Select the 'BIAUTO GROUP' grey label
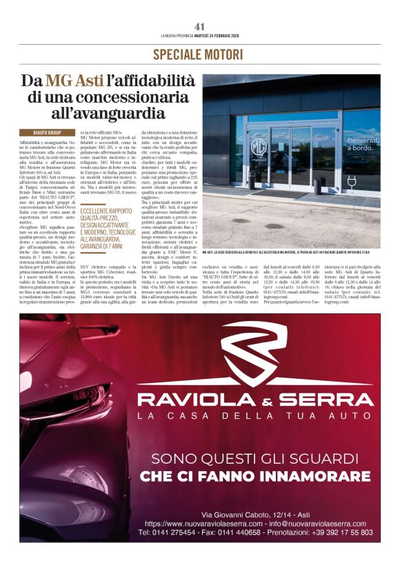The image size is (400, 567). (x=47, y=132)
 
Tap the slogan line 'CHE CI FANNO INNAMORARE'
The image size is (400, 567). (x=254, y=477)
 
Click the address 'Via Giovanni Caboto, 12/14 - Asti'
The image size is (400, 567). (x=254, y=515)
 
